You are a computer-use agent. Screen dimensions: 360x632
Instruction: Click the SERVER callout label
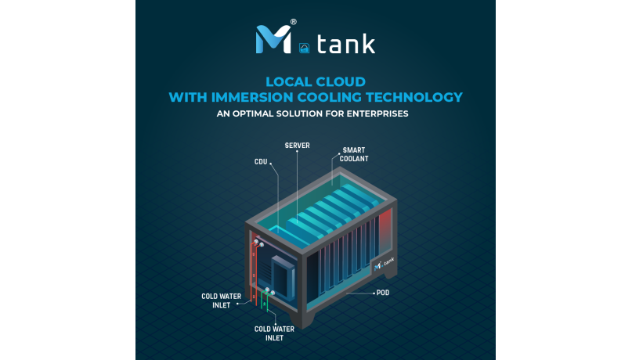pyautogui.click(x=298, y=146)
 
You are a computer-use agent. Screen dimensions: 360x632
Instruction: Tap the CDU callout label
pyautogui.click(x=262, y=162)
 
